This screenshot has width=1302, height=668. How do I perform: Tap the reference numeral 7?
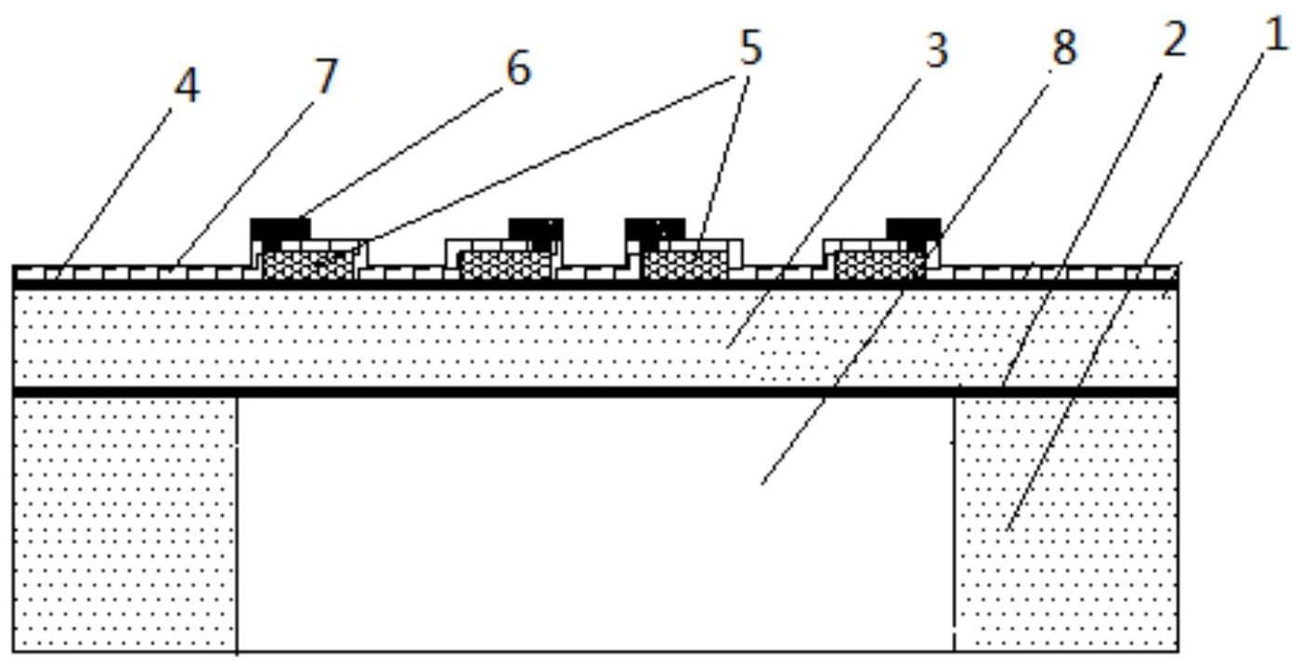pos(326,76)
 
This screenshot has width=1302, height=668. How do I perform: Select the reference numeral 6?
pos(518,68)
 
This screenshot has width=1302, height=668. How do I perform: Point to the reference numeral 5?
pos(749,48)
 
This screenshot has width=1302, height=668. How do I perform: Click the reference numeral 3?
pos(936,50)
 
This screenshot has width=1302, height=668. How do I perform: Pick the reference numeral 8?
pos(1063,47)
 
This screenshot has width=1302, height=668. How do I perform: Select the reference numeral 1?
pos(1276,33)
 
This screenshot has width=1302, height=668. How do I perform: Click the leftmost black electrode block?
pos(280,229)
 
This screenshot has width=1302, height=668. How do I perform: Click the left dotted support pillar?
pos(125,524)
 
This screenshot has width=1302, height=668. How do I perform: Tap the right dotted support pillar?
pos(1067,524)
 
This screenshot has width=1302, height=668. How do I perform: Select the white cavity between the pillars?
pos(596,524)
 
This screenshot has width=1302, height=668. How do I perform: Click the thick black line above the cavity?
pos(596,392)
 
